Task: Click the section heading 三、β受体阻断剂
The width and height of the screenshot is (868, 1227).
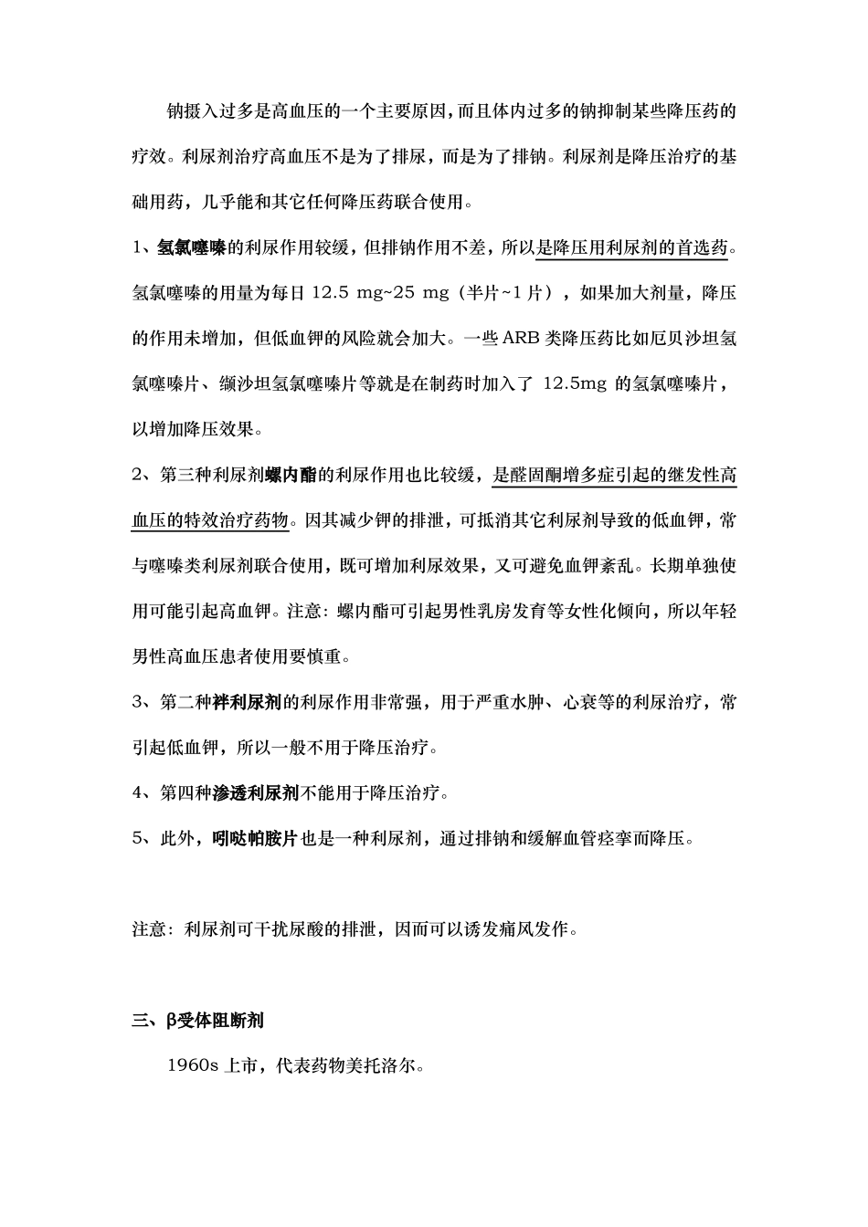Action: coord(198,1020)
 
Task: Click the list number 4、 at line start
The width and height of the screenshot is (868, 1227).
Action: coord(144,793)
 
